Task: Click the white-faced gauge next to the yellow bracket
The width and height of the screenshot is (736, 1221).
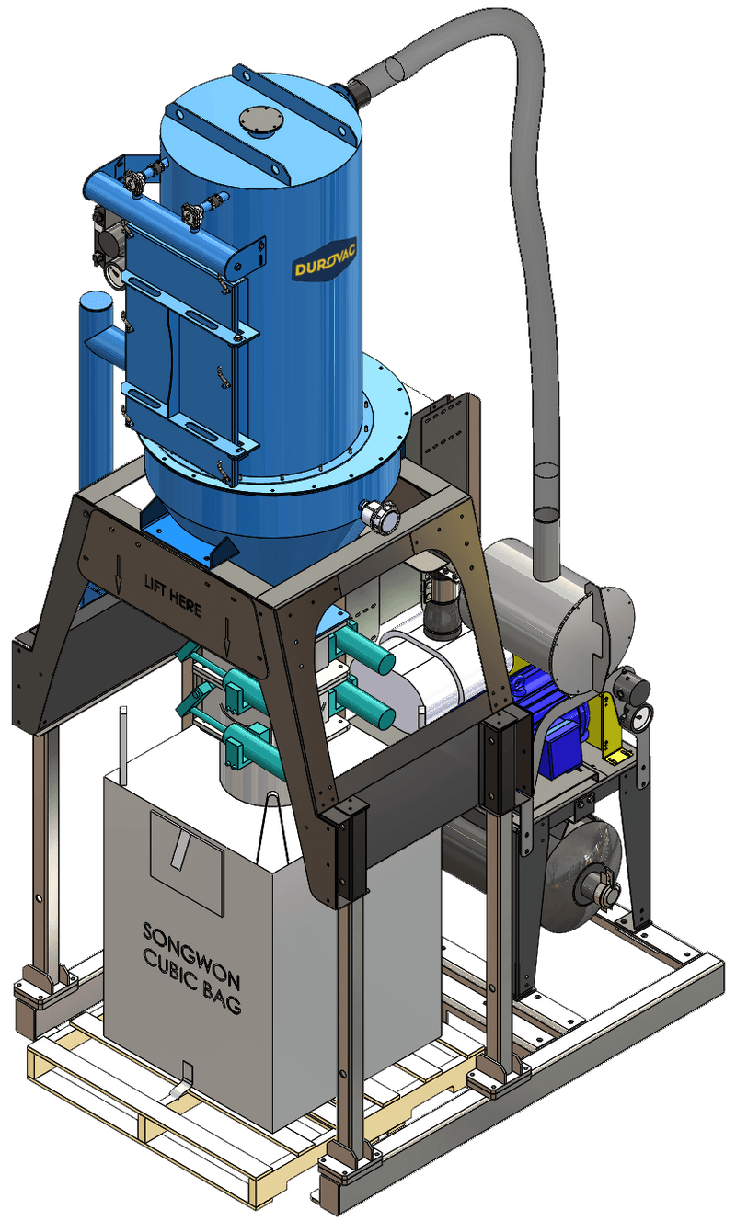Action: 641,716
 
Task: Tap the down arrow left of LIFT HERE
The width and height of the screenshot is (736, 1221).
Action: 119,576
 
